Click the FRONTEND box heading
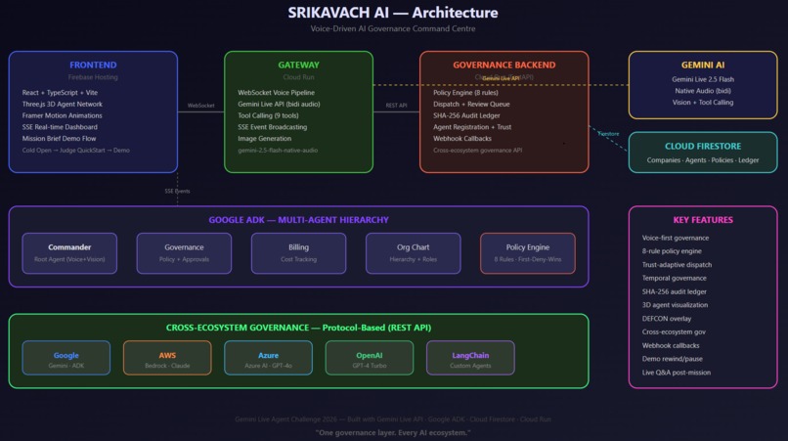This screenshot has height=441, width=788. pos(93,66)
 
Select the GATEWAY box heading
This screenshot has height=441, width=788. pos(298,66)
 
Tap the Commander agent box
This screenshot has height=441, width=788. pos(69,253)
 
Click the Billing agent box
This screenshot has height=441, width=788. pos(298,253)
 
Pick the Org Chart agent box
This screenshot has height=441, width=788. pos(413,253)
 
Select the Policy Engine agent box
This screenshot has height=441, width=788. pos(528,253)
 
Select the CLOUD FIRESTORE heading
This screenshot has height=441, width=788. pos(702,147)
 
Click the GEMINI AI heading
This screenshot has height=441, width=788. pos(702,66)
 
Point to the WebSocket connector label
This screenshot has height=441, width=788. pos(200,105)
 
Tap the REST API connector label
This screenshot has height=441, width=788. pos(396,105)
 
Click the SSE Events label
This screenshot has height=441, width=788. pos(177,191)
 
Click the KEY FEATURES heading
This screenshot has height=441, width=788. pos(702,220)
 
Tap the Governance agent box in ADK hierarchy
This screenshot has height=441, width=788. pos(184,253)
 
